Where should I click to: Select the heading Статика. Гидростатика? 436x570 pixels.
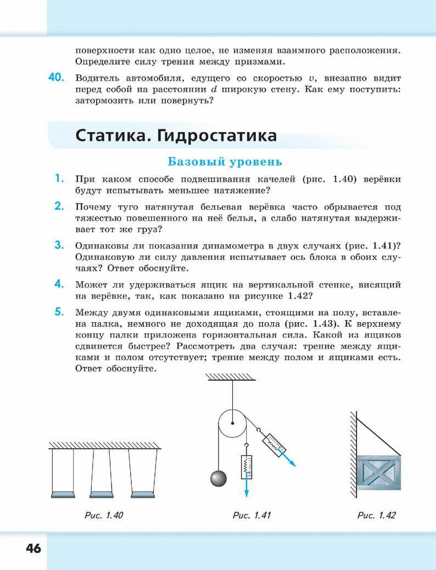[176, 135]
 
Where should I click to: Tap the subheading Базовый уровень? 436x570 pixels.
[225, 162]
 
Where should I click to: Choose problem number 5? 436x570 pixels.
[60, 314]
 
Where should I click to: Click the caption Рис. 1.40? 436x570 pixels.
[103, 515]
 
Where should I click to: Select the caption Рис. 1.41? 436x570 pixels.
[252, 515]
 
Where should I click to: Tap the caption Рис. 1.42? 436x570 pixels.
[376, 515]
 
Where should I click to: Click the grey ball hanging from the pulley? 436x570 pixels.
[219, 478]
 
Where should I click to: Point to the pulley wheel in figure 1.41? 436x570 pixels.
[232, 423]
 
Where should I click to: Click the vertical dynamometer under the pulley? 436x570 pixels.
[245, 466]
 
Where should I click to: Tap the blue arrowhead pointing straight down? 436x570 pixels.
[246, 493]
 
